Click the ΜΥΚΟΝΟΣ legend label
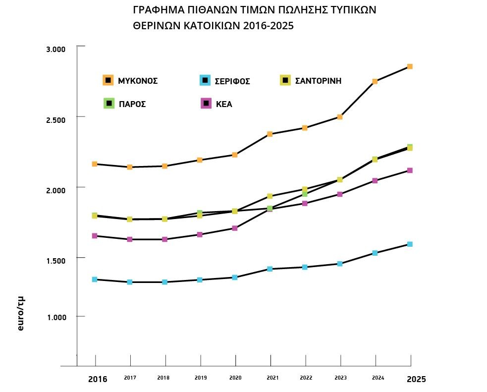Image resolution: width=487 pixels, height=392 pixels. (138, 81)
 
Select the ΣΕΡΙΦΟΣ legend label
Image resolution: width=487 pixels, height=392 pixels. (232, 81)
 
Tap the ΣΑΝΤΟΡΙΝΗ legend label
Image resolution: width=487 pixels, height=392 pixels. (318, 81)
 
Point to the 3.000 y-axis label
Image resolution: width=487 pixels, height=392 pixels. (55, 50)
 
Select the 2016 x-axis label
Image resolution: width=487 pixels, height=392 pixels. (98, 380)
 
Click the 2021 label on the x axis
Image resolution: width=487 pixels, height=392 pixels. (272, 378)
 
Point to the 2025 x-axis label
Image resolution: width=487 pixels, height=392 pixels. (416, 380)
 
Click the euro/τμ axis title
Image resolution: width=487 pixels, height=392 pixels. (21, 313)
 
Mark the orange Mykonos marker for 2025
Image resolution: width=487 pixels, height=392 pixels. (410, 66)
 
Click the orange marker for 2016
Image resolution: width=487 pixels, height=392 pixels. (94, 164)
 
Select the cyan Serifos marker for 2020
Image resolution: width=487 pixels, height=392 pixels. (235, 278)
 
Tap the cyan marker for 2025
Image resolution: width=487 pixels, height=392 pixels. (410, 244)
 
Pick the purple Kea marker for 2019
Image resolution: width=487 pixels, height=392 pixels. (200, 234)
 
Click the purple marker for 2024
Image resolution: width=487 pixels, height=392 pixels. (375, 181)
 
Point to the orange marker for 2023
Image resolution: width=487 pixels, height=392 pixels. (340, 117)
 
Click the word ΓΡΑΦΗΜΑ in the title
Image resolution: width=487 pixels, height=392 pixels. (158, 10)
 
